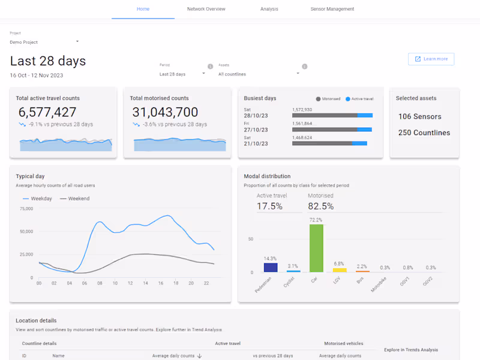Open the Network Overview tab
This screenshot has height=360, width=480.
[206, 9]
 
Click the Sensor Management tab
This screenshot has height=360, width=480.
[332, 9]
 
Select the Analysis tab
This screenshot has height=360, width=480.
[269, 9]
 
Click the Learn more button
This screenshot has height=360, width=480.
[431, 59]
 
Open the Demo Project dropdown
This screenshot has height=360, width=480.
[44, 42]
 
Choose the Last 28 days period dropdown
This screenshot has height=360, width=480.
[182, 74]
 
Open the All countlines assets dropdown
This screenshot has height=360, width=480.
[259, 74]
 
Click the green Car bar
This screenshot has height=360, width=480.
[316, 248]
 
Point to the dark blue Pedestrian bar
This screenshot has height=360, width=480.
[271, 268]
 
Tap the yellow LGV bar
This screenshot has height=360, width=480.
[340, 270]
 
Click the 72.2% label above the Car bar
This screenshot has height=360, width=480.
[316, 220]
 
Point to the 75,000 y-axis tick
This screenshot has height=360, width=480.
[26, 209]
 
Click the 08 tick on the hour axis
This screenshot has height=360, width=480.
[100, 283]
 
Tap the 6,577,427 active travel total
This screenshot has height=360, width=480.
[47, 112]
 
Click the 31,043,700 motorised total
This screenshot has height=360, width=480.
[165, 112]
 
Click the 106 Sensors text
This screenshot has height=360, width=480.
[419, 116]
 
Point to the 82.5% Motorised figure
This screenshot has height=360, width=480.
[320, 206]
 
